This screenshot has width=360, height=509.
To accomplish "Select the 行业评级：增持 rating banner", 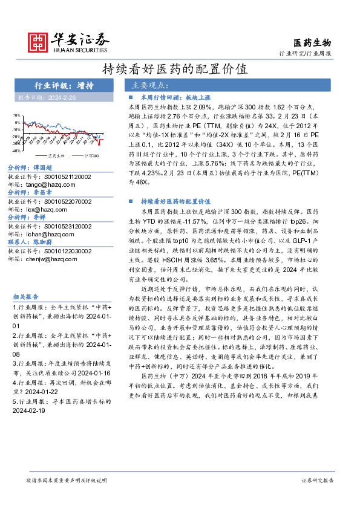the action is [63, 85].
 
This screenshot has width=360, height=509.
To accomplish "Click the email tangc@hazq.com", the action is [53, 184].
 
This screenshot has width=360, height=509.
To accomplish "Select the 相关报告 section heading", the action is [26, 297].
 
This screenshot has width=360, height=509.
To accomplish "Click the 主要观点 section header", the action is [150, 85].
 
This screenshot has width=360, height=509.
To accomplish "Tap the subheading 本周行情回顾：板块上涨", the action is [175, 97].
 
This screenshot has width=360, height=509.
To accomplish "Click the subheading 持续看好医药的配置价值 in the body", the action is [175, 201].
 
